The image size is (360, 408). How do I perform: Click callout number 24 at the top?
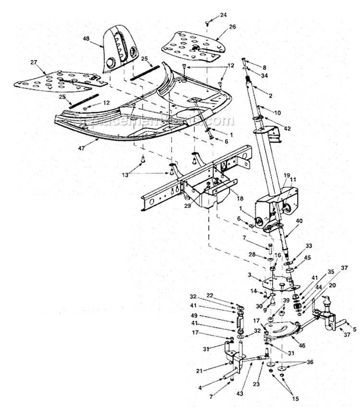pyautogui.click(x=224, y=15)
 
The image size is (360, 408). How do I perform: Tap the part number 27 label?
pyautogui.click(x=34, y=62)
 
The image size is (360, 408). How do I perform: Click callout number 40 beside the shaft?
pyautogui.click(x=299, y=221)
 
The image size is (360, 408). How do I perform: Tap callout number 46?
pyautogui.click(x=301, y=345)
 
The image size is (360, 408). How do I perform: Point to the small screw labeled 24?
pyautogui.click(x=207, y=22)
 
